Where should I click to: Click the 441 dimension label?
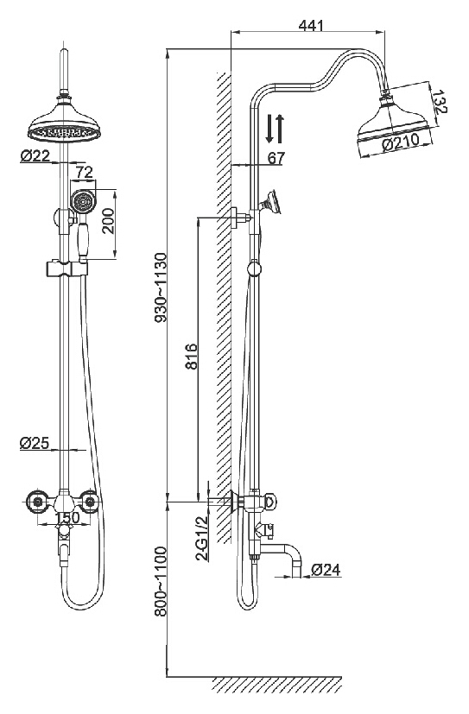(311, 25)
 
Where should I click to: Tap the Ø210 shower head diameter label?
(401, 143)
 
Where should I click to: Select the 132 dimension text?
(440, 102)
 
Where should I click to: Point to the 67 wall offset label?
(276, 158)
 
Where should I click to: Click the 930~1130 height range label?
(161, 287)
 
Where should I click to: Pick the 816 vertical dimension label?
(192, 357)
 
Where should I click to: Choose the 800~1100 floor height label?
(161, 582)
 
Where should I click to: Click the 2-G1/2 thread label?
(201, 538)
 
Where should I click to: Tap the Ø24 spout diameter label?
(326, 569)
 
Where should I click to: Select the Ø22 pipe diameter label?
(35, 155)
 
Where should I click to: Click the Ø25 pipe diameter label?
(35, 443)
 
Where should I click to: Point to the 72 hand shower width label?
(85, 172)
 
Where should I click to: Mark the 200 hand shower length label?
(108, 222)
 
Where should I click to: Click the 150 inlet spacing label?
(67, 518)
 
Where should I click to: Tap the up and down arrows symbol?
(275, 129)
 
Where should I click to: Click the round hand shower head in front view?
(83, 201)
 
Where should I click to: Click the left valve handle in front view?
(37, 502)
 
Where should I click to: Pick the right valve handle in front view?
(91, 502)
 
